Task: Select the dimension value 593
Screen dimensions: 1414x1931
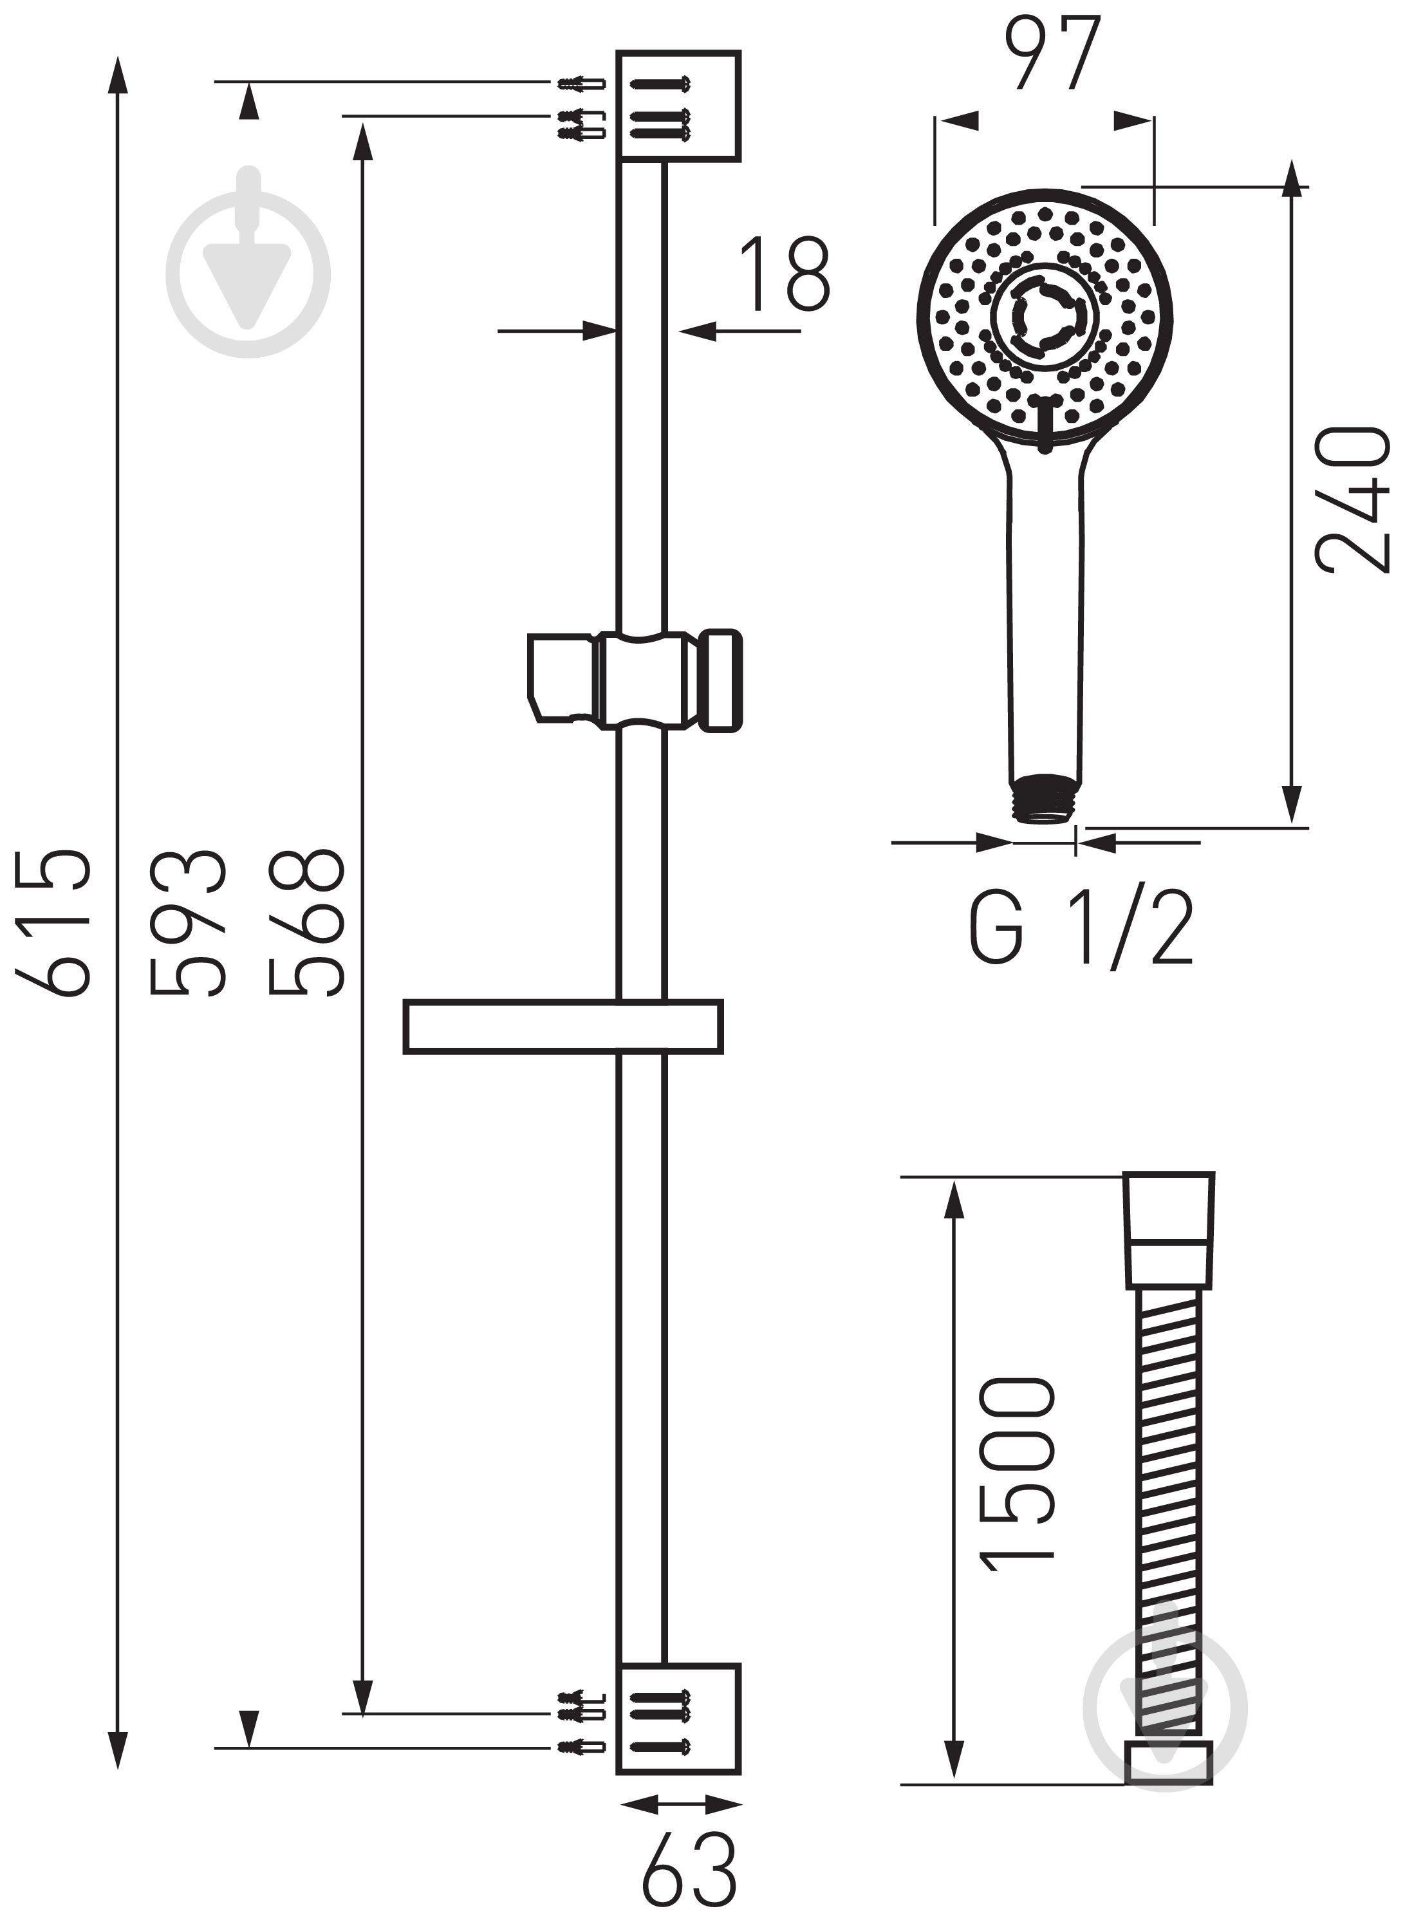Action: [187, 924]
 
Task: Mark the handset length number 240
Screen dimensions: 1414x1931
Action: [1352, 501]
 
